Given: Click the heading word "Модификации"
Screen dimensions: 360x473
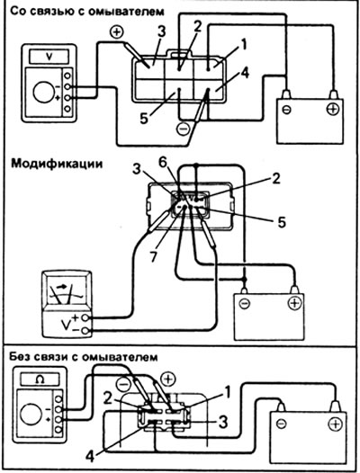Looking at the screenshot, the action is (x=57, y=164).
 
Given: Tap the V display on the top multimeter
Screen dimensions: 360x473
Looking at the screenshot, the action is (x=49, y=57).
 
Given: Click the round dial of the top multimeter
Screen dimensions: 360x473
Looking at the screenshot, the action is (x=44, y=93).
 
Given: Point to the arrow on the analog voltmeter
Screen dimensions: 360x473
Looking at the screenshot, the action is (x=61, y=287).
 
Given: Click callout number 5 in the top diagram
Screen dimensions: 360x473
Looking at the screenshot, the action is (x=144, y=118).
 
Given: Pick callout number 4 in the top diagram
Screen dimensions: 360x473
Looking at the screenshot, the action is (x=245, y=73).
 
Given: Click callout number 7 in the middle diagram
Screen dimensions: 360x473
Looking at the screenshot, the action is (x=154, y=255).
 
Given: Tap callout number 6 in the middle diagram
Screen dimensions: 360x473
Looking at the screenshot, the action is (x=163, y=163).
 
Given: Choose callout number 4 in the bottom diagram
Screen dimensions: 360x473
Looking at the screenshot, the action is (x=90, y=456).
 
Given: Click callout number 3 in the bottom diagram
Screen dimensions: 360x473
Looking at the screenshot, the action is (x=223, y=422).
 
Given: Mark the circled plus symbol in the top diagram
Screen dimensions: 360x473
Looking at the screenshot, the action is (x=117, y=32).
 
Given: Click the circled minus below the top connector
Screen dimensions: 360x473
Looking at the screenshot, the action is (x=183, y=129).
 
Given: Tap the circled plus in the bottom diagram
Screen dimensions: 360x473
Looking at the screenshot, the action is (x=168, y=379).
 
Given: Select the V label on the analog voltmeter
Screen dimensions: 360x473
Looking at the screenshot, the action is (x=66, y=325).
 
